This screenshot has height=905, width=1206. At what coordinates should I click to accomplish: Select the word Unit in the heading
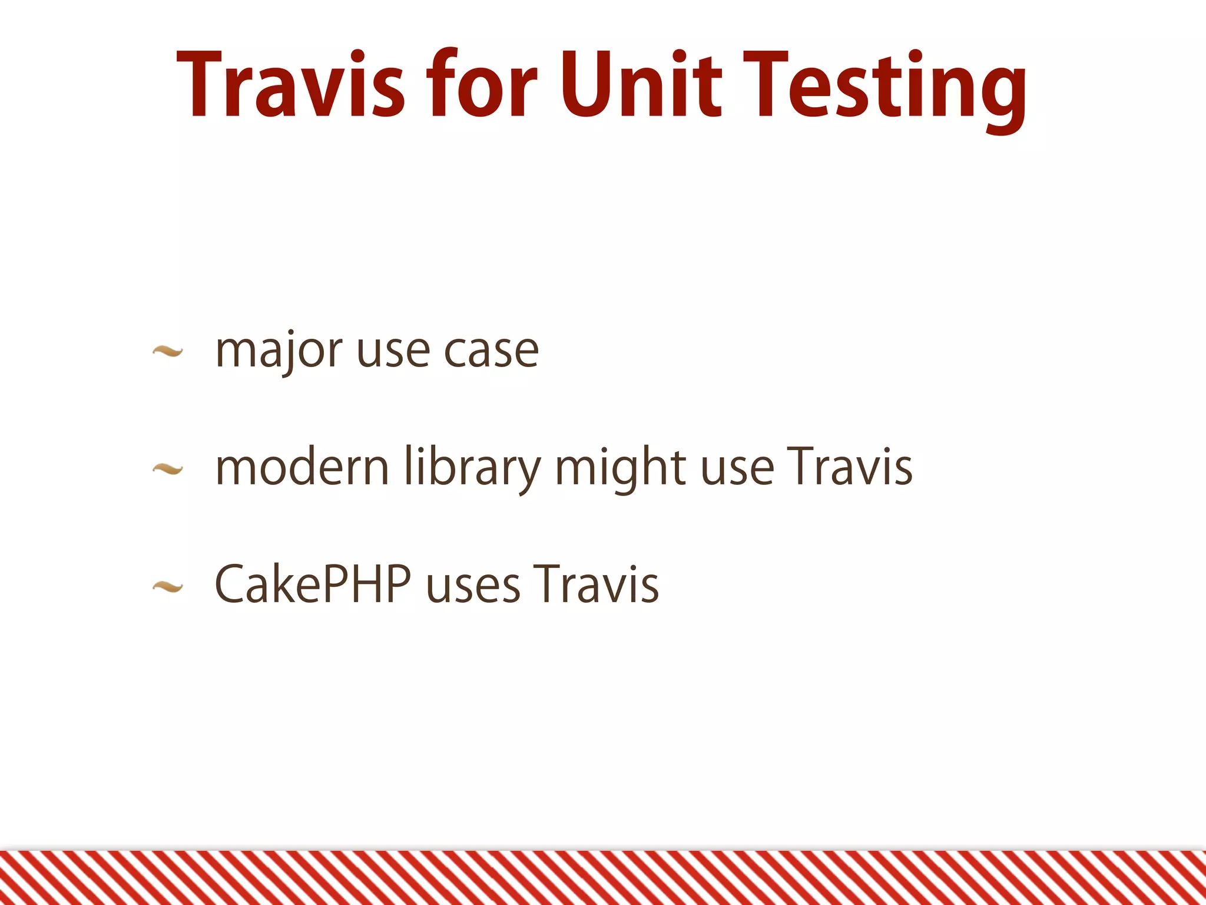pyautogui.click(x=640, y=85)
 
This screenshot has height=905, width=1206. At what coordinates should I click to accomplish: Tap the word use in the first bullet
pyautogui.click(x=393, y=352)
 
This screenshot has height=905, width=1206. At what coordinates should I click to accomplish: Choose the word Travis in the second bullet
pyautogui.click(x=850, y=467)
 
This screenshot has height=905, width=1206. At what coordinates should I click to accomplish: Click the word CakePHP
pyautogui.click(x=313, y=584)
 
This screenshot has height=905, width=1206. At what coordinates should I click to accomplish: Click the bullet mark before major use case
pyautogui.click(x=167, y=352)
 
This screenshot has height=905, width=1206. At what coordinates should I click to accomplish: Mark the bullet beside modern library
pyautogui.click(x=167, y=470)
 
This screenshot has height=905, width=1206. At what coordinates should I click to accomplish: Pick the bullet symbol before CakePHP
pyautogui.click(x=167, y=586)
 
